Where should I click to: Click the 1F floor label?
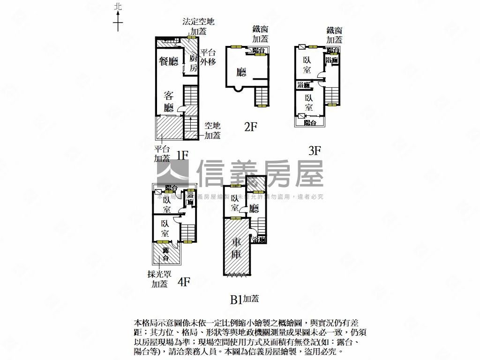pyautogui.click(x=182, y=155)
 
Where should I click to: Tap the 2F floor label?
pyautogui.click(x=251, y=126)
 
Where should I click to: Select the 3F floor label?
pyautogui.click(x=315, y=150)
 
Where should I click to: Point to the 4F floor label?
pyautogui.click(x=183, y=282)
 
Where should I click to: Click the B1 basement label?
pyautogui.click(x=236, y=300)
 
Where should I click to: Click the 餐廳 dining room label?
pyautogui.click(x=169, y=61)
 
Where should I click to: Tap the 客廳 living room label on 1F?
pyautogui.click(x=169, y=102)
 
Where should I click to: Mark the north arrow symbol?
pyautogui.click(x=118, y=21)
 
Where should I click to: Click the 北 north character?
pyautogui.click(x=118, y=7)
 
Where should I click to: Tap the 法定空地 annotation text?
pyautogui.click(x=199, y=22)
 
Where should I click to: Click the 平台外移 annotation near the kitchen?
pyautogui.click(x=208, y=57)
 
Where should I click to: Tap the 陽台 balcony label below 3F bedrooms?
pyautogui.click(x=310, y=122)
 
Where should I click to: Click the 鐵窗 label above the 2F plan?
pyautogui.click(x=260, y=30)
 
